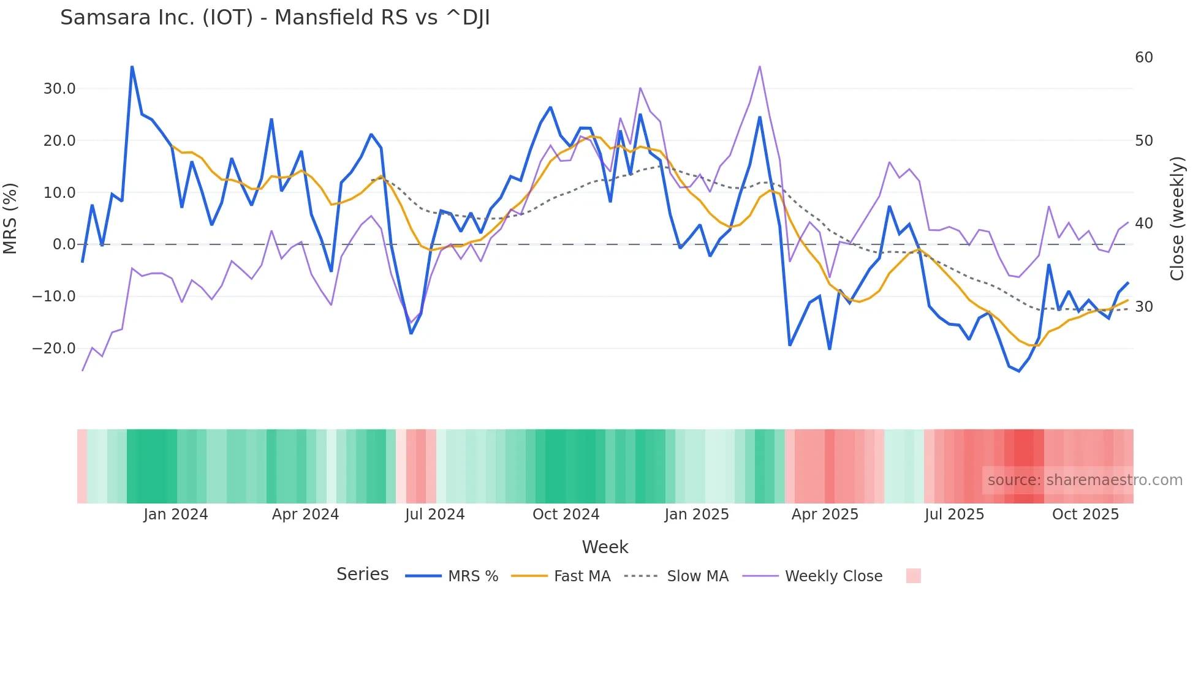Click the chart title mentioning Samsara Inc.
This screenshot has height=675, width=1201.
click(275, 18)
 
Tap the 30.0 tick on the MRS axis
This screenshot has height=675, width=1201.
click(59, 89)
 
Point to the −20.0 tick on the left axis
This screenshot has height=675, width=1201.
click(55, 349)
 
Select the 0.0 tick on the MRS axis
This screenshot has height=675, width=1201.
click(64, 244)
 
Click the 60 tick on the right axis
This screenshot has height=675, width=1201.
click(1143, 58)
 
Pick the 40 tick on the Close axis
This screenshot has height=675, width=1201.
click(1143, 224)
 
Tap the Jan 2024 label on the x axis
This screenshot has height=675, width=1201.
click(176, 515)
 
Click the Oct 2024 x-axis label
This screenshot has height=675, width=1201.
click(566, 515)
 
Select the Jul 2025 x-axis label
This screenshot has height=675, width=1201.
click(954, 515)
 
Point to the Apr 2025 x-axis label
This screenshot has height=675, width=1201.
click(825, 515)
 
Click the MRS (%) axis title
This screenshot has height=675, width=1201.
click(10, 218)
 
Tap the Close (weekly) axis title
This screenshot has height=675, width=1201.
click(1176, 218)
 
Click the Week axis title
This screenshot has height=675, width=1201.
click(605, 547)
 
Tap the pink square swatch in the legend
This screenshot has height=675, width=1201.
click(913, 576)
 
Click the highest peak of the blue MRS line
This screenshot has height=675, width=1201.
click(132, 67)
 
